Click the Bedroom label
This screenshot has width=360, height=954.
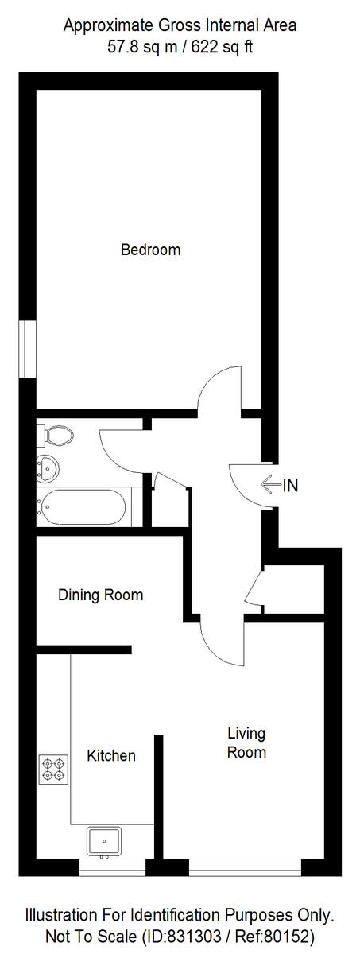150,250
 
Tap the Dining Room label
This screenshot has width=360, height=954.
101,595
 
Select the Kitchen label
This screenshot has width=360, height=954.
111,755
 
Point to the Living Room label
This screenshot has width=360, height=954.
246,743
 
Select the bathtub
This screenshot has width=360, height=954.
83,506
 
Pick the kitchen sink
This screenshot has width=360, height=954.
103,841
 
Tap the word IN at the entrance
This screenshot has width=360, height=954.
291,485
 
